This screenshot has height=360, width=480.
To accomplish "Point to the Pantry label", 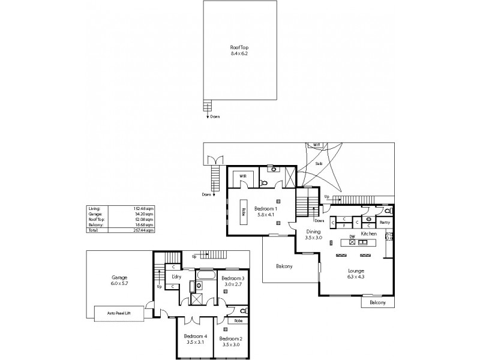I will point(385,222).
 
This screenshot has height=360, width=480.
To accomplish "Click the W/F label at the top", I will point(317,145).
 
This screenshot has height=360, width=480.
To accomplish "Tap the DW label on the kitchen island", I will point(352,236).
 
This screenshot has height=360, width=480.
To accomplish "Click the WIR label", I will point(243,176).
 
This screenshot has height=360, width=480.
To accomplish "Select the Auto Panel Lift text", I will point(119,313).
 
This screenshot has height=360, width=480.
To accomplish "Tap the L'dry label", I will point(176,277).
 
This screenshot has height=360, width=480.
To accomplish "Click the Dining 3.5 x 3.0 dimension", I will point(313,238).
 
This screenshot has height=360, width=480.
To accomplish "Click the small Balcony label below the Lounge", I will point(377,303).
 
